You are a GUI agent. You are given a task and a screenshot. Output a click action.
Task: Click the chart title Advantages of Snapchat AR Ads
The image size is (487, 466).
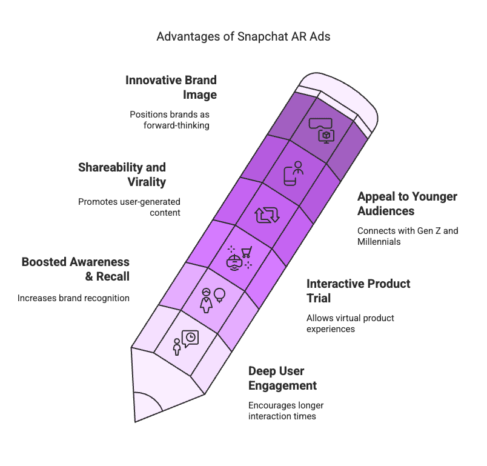tap(243, 36)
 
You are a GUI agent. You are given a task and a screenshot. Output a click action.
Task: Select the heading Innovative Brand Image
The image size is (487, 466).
tap(171, 87)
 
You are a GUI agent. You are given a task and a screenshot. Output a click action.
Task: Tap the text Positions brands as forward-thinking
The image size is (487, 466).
tap(170, 120)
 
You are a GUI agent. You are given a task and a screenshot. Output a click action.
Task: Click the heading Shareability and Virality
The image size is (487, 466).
tap(122, 175)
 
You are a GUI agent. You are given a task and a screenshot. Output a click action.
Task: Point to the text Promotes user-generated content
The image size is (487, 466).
tap(129, 207)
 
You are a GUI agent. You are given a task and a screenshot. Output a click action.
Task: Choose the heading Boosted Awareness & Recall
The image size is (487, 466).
tap(75, 269)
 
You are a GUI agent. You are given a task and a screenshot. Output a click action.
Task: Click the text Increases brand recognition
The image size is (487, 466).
tap(73, 298)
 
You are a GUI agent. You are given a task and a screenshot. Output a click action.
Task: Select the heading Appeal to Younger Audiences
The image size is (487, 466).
tap(407, 204)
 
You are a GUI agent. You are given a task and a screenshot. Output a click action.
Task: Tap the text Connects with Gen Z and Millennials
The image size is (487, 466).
tap(407, 236)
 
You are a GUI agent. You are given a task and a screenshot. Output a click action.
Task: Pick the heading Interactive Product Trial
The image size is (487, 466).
tap(359, 291)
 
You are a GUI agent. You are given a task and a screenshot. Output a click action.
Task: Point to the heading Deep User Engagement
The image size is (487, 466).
tap(282, 378)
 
